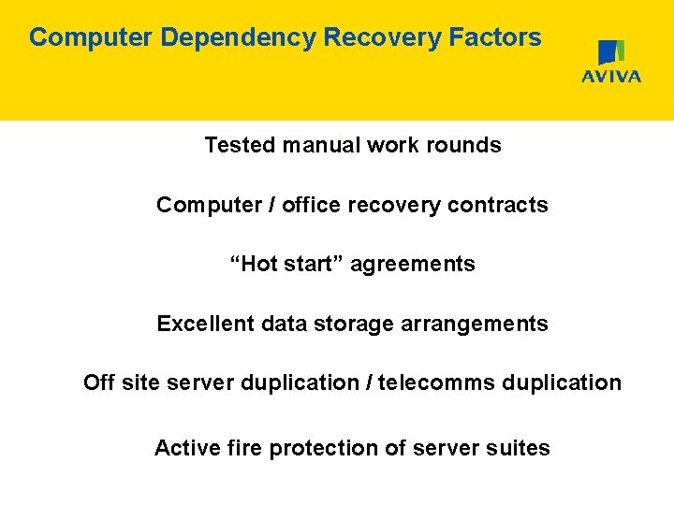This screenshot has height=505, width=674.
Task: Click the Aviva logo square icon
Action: coord(611,52)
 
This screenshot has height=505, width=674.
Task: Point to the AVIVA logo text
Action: coord(611,77)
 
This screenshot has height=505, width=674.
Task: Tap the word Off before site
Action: coord(99,382)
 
